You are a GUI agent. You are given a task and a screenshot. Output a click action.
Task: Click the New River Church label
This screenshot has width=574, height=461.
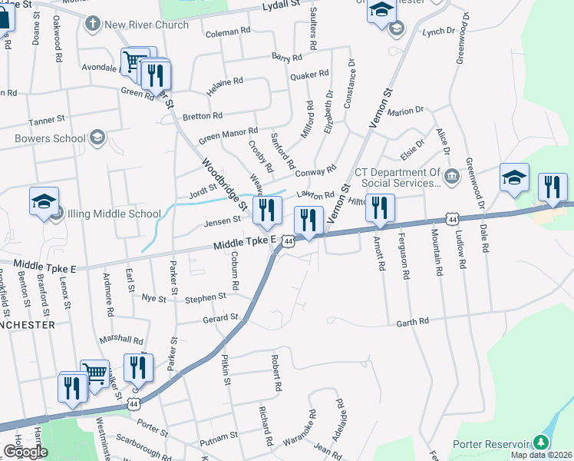point(147,25)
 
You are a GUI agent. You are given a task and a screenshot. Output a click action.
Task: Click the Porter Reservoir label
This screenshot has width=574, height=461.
point(491,443)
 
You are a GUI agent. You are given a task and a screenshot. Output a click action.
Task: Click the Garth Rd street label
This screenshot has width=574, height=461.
point(412,323)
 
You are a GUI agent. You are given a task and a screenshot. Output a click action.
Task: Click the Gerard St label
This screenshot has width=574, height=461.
point(220,317)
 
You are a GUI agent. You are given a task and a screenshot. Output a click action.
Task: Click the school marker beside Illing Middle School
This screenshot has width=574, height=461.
point(45,202)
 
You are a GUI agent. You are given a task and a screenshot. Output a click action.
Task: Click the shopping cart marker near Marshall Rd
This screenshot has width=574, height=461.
point(94,374)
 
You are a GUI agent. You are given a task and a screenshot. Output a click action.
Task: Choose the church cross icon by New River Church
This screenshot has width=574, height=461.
point(92,25)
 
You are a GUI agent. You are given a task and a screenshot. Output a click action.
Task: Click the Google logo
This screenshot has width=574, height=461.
point(25,452)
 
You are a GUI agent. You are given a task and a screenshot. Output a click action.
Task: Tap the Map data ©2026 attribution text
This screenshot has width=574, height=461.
point(541,455)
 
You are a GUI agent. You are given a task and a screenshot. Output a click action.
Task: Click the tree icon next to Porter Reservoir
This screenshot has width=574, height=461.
point(542,443)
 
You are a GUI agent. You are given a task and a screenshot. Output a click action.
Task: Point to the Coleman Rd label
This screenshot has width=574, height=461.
point(228,33)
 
